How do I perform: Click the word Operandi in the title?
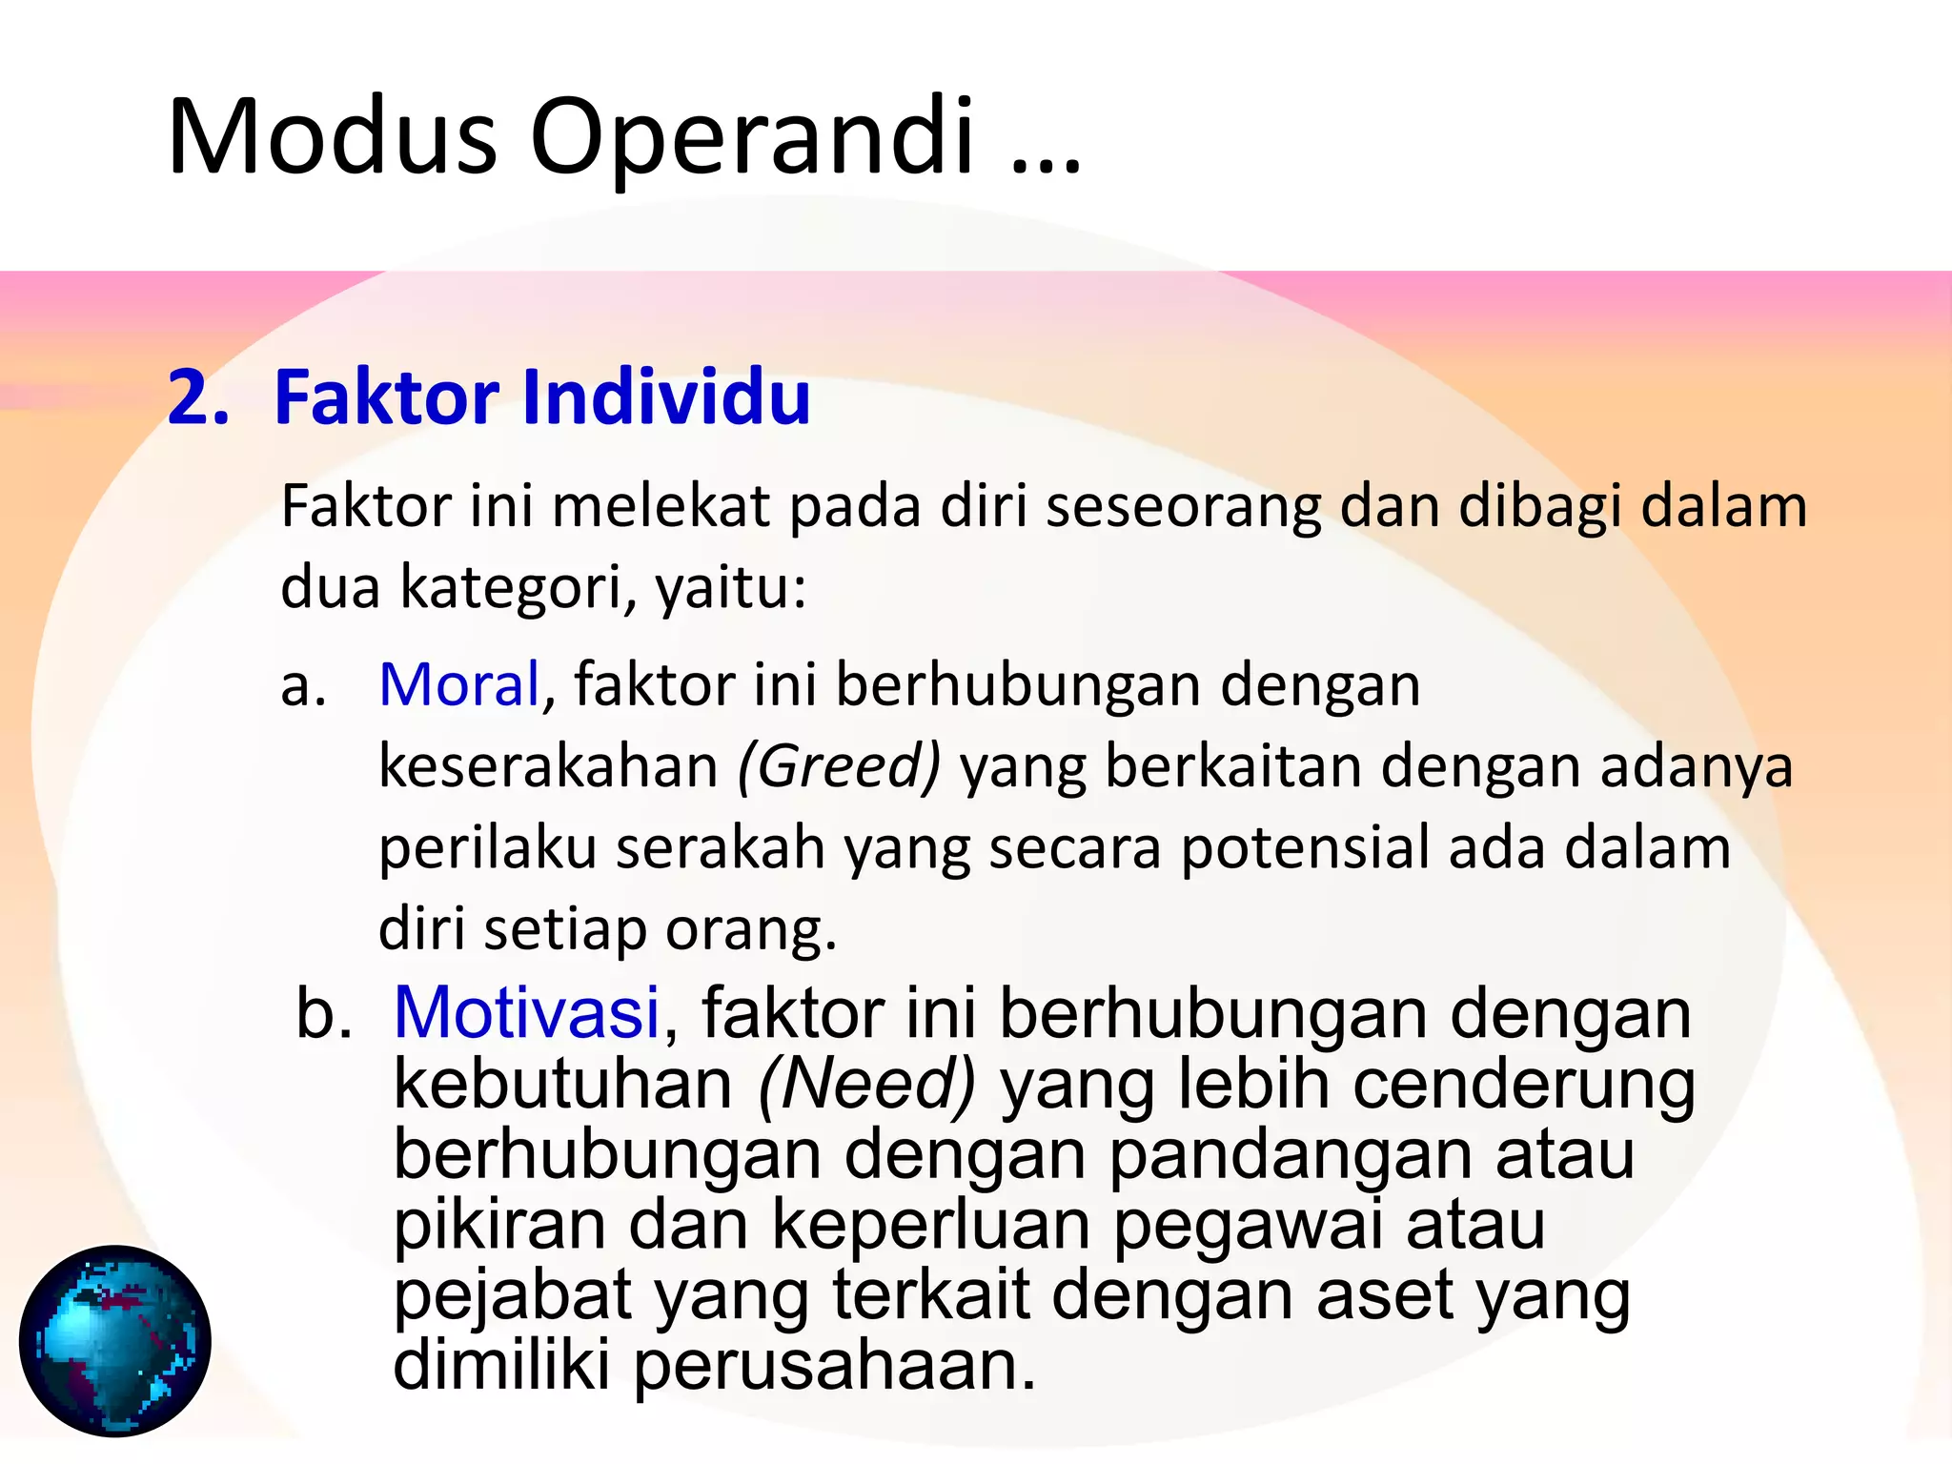point(752,136)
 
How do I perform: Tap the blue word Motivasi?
point(526,1012)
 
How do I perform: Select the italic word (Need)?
point(866,1084)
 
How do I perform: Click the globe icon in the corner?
point(115,1340)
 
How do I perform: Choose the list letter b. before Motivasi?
point(323,1013)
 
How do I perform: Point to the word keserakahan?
point(548,766)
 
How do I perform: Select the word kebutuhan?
point(563,1084)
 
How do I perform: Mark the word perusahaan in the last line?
point(833,1365)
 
